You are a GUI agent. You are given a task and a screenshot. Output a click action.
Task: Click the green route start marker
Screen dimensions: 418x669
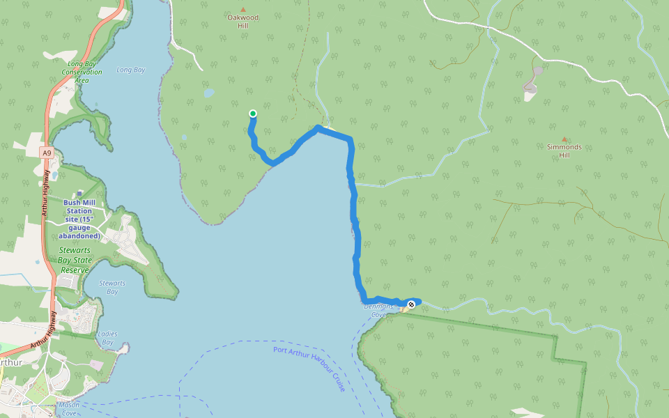coord(253,114)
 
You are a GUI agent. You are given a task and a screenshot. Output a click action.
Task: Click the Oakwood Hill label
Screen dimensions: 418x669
coord(243,21)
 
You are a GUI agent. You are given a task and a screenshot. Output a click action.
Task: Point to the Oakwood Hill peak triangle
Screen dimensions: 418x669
coord(243,8)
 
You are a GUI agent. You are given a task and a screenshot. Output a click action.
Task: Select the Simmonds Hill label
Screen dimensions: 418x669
coord(564,150)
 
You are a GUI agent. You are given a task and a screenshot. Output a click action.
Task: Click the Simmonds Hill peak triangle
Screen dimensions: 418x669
coord(564,139)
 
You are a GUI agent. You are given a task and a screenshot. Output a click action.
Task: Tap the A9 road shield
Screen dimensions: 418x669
coord(46,152)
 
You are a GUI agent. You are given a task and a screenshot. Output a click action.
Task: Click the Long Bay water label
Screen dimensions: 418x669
coord(130,70)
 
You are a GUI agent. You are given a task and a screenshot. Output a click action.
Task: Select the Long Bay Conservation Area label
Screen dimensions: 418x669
coord(82,72)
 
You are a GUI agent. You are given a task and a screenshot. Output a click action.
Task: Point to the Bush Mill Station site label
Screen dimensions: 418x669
coord(78,219)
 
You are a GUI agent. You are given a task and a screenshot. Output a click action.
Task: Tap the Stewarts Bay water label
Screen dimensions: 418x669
coord(112,287)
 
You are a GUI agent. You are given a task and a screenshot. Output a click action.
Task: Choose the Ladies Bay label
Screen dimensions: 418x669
coord(107,339)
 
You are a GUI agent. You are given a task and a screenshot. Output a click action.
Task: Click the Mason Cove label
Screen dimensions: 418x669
coord(70,409)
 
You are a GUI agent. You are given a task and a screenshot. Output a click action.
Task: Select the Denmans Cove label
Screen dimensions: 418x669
coord(376,310)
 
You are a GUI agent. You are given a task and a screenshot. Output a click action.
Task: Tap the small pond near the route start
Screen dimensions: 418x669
coord(208,92)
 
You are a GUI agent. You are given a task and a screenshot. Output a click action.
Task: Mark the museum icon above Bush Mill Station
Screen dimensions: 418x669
coord(79,194)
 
